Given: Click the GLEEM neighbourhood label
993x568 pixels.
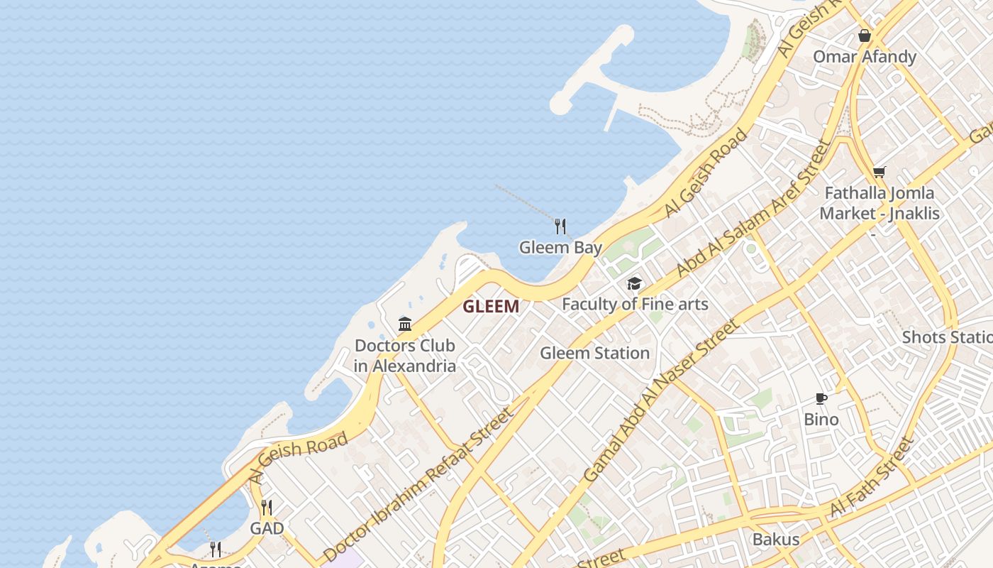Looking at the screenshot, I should click(491, 307).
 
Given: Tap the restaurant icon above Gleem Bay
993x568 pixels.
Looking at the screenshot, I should click(560, 226).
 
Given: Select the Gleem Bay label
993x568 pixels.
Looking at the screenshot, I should click(560, 248).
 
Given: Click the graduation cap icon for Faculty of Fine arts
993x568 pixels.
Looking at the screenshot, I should click(634, 284).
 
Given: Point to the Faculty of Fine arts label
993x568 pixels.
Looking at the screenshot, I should click(635, 305).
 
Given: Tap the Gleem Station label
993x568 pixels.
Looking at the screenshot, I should click(594, 353).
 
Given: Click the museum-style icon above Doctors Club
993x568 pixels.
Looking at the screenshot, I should click(405, 324).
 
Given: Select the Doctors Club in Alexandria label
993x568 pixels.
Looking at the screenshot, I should click(405, 356).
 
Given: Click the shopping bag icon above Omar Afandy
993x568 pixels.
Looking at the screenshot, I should click(864, 35).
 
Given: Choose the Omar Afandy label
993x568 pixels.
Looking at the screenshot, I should click(864, 57).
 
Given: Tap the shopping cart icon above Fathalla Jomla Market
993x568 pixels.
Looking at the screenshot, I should click(880, 172).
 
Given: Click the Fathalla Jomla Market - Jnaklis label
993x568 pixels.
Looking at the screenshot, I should click(879, 203).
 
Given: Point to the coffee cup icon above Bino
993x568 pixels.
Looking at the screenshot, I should click(821, 398).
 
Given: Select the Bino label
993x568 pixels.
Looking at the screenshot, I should click(821, 420).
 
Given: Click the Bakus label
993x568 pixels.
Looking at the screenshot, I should click(776, 539).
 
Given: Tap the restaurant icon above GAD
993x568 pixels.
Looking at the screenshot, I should click(267, 508).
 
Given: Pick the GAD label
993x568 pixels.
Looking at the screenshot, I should click(267, 528).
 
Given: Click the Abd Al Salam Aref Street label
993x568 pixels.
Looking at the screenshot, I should click(753, 209).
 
